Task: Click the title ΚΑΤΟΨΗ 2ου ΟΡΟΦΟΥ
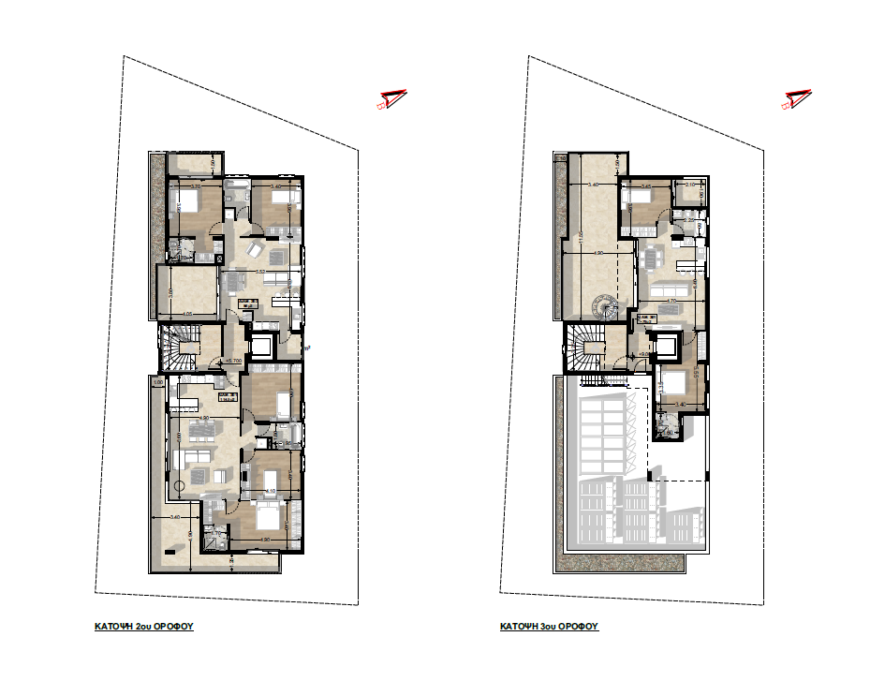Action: click(143, 627)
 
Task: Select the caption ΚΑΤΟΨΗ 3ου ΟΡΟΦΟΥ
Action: click(549, 627)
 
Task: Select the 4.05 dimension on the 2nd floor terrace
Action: click(187, 314)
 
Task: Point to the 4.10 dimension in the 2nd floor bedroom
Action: click(269, 491)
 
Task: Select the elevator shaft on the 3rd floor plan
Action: click(669, 347)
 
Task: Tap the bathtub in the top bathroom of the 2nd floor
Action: click(235, 195)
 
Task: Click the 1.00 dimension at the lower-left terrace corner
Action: click(158, 382)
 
